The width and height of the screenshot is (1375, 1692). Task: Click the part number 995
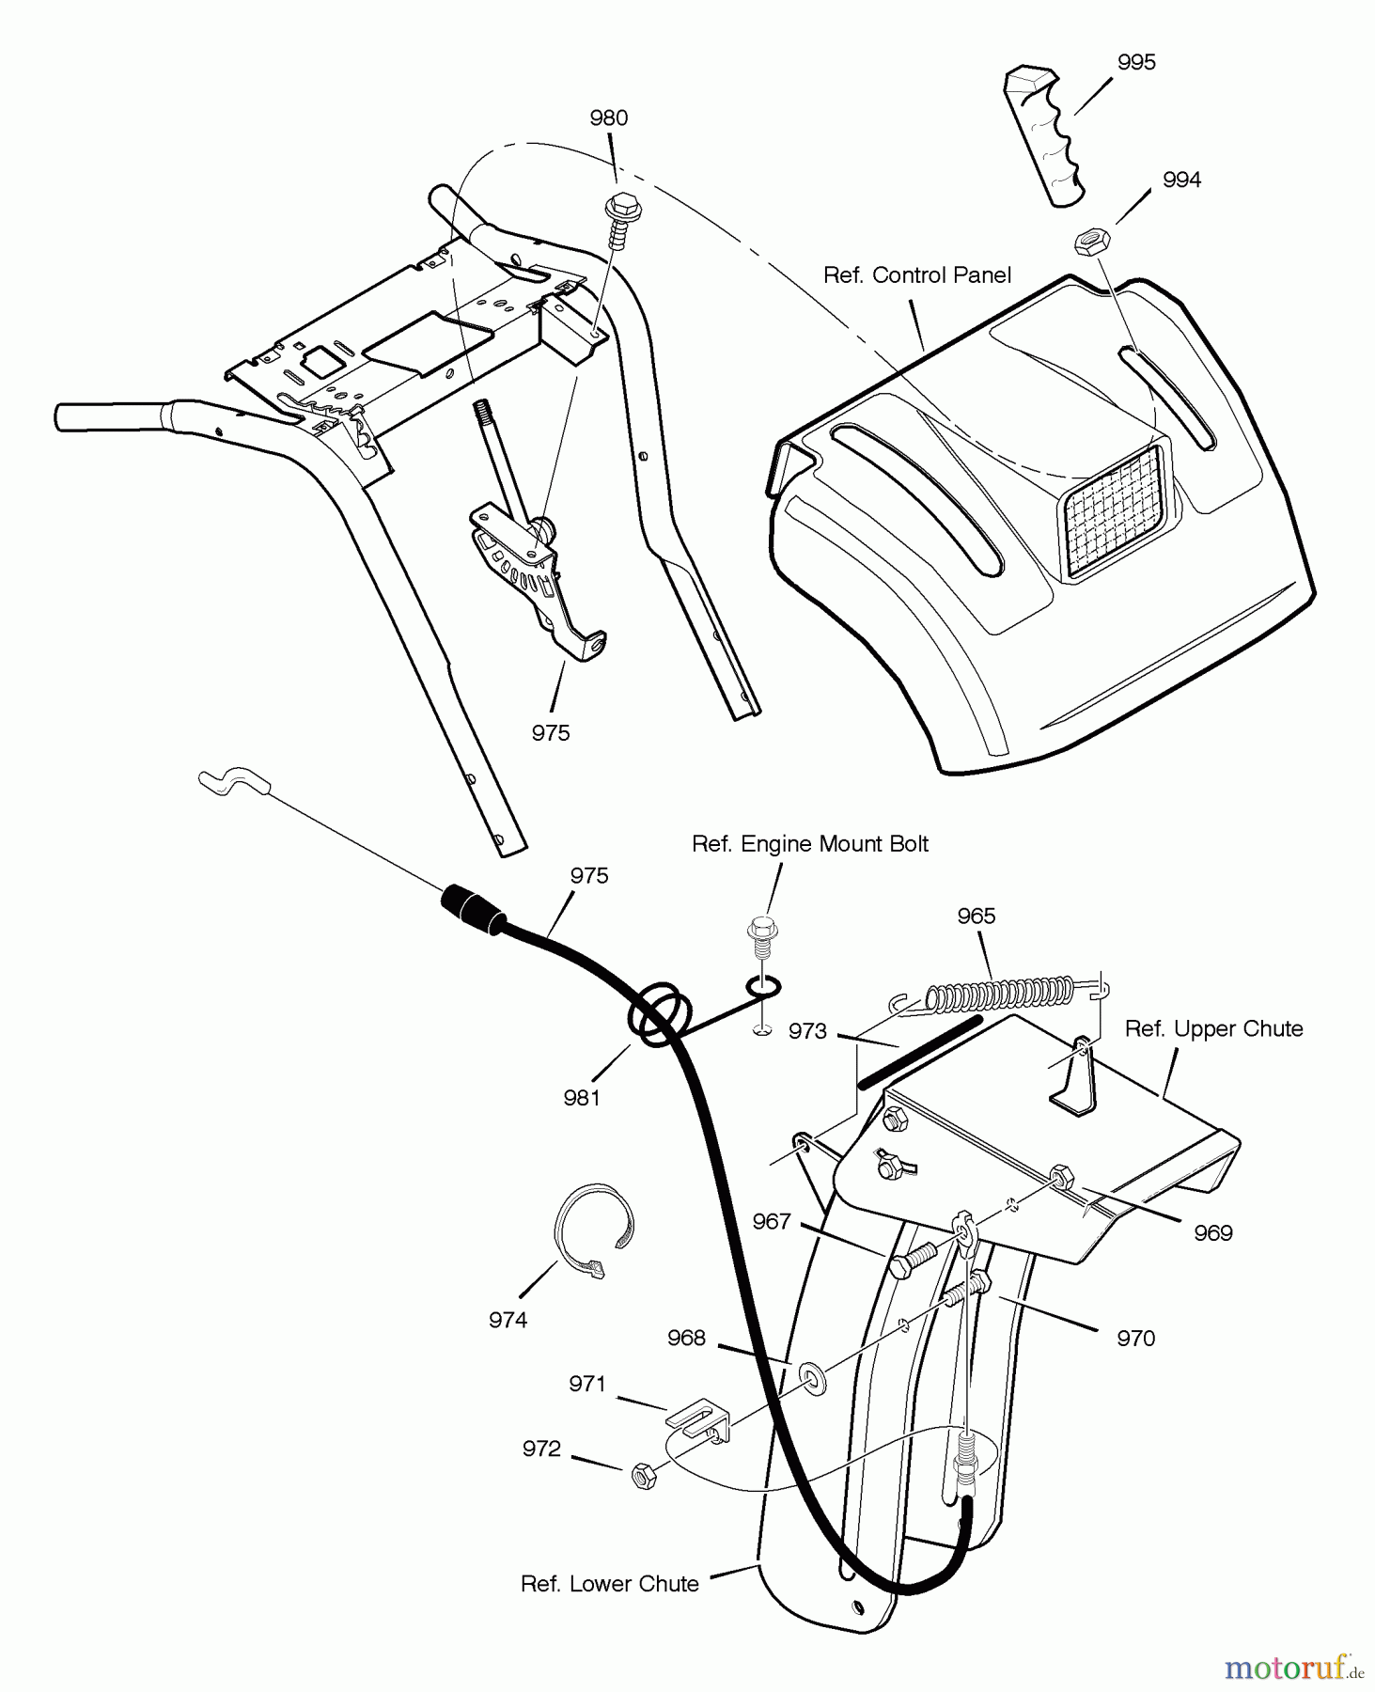(x=1136, y=63)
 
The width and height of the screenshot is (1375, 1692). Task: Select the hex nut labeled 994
(x=1091, y=241)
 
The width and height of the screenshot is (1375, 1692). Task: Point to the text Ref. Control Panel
(x=916, y=275)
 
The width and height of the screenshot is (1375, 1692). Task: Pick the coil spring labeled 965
(x=999, y=994)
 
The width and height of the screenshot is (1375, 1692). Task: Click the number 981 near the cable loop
(x=582, y=1097)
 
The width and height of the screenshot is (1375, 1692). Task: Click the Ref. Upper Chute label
(x=1213, y=1029)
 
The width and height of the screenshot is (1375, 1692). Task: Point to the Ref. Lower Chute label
(x=609, y=1584)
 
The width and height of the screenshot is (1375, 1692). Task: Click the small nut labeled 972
(x=644, y=1476)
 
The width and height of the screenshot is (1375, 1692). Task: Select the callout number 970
(x=1135, y=1338)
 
